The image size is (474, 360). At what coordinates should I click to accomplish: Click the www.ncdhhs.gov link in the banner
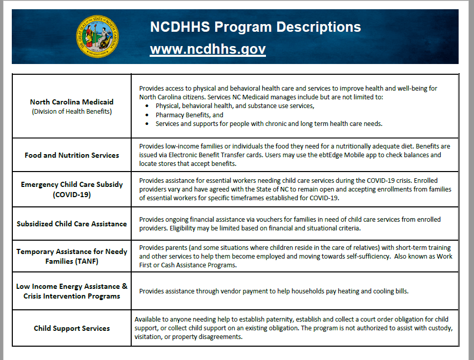[x=208, y=50]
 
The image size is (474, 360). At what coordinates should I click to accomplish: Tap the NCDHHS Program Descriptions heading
[x=255, y=27]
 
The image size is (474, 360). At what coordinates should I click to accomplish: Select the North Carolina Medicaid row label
[x=72, y=102]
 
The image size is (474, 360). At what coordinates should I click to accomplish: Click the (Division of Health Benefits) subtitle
[x=72, y=111]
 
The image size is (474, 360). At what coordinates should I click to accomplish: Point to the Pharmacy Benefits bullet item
[x=190, y=115]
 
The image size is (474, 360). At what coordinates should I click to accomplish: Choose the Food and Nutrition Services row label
[x=72, y=155]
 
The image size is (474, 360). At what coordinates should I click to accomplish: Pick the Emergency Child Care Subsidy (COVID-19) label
[x=72, y=189]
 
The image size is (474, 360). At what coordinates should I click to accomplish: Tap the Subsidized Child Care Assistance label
[x=72, y=224]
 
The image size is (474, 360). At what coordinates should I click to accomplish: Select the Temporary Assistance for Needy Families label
[x=72, y=257]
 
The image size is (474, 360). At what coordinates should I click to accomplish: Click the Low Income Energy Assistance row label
[x=72, y=291]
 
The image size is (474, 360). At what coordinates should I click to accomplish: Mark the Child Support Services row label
[x=72, y=328]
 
